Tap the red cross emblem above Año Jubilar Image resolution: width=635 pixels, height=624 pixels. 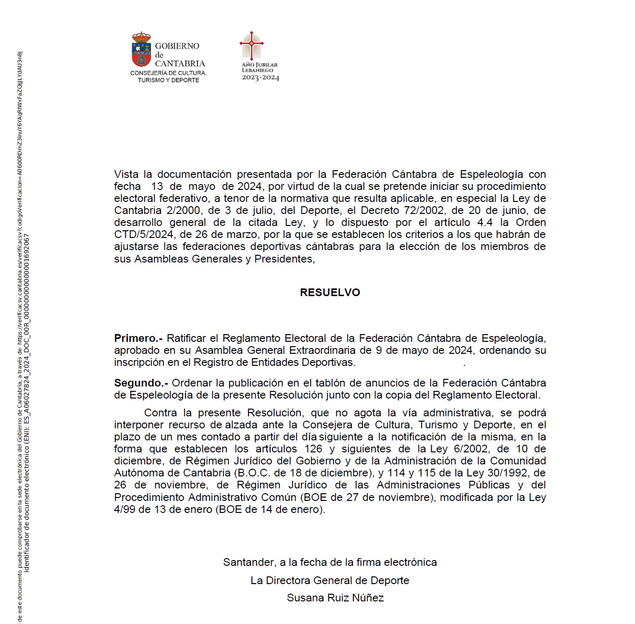[251, 46]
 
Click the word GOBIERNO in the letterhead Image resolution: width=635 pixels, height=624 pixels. [177, 46]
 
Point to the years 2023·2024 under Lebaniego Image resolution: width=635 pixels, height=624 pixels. [261, 78]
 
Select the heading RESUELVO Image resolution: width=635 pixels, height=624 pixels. [330, 292]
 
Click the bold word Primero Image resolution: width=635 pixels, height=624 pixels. [136, 338]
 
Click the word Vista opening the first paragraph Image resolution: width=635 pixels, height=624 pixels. [126, 174]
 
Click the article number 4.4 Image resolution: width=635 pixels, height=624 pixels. [485, 222]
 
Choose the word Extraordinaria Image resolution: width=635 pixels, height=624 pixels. [324, 350]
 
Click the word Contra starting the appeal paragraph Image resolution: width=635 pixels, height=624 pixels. [161, 412]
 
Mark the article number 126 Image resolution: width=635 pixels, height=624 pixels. [313, 449]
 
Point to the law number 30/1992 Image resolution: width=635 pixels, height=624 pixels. [508, 473]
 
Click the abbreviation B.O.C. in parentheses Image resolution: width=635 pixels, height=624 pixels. [254, 473]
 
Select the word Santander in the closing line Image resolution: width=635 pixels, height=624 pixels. [249, 562]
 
